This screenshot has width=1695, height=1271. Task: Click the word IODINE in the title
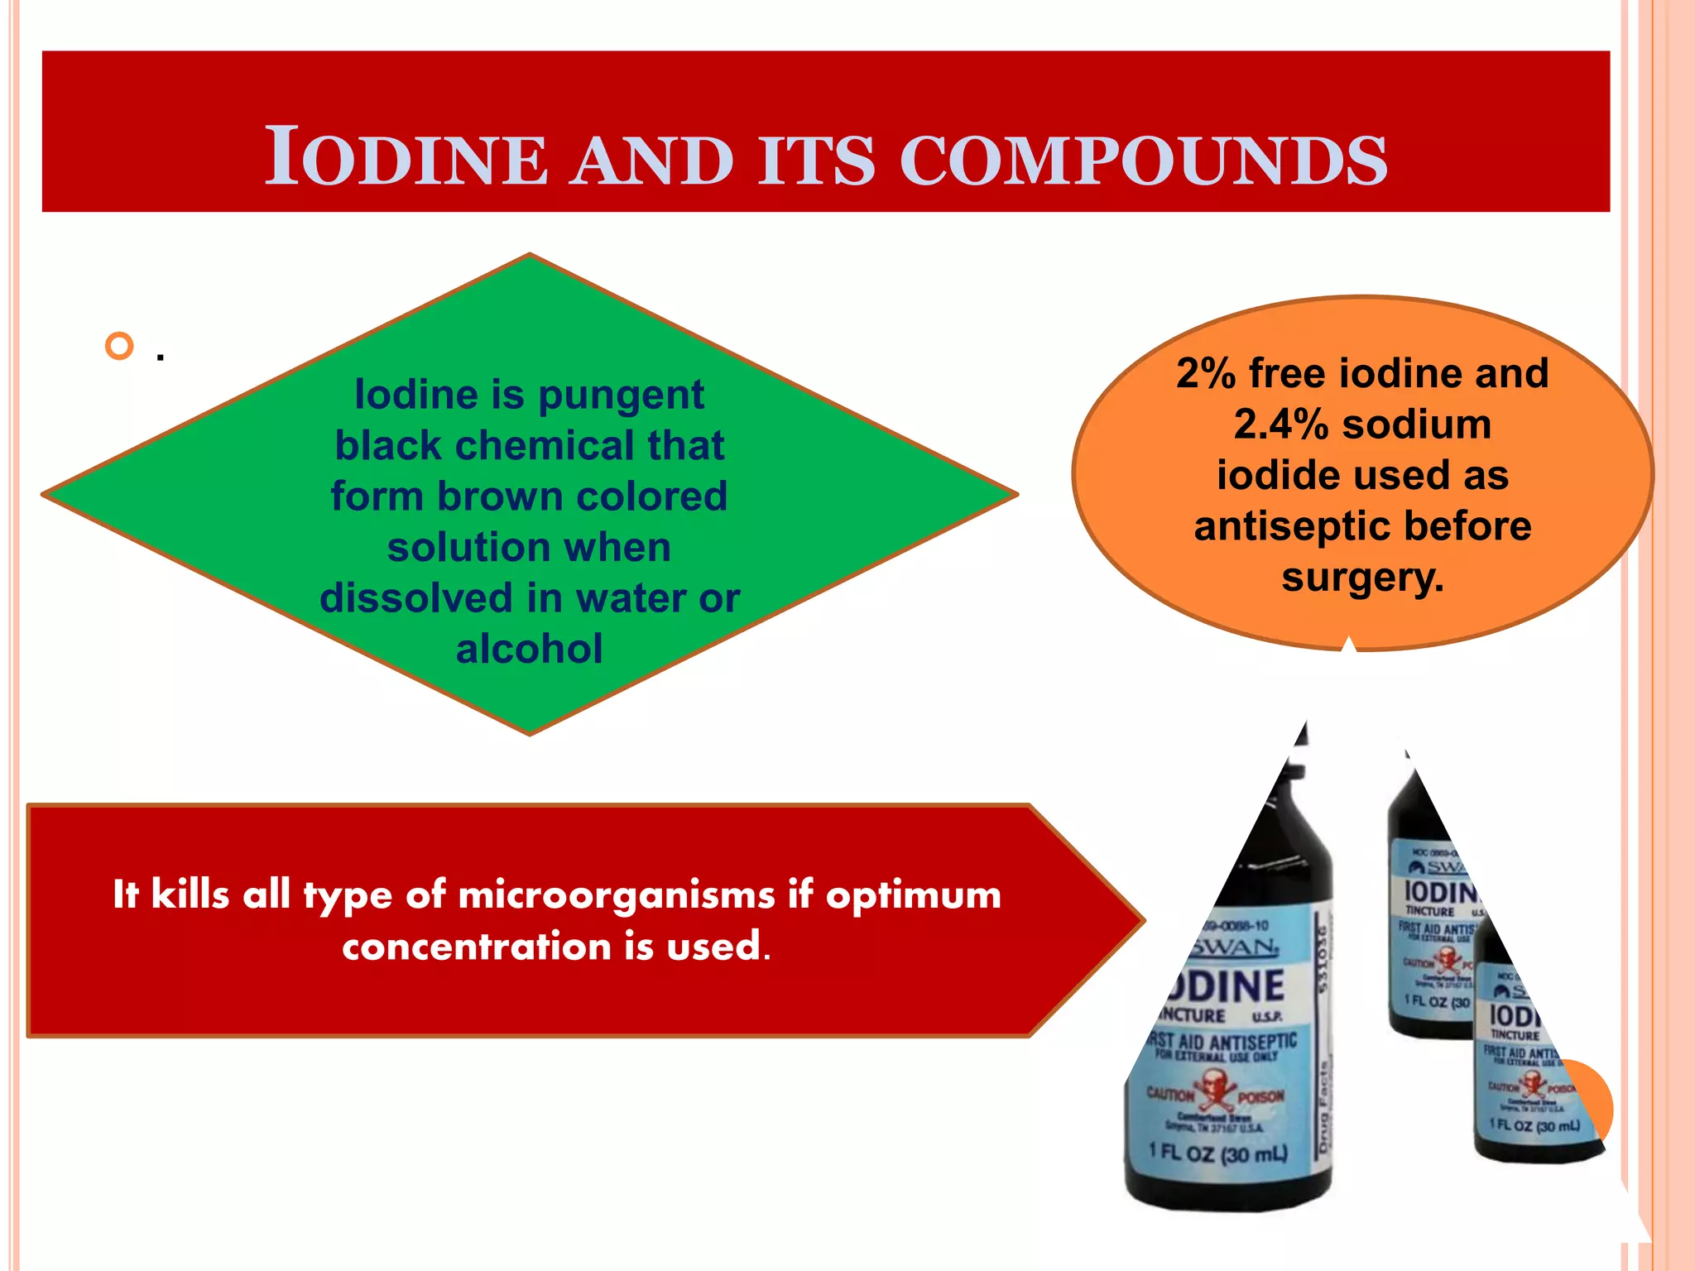pyautogui.click(x=406, y=157)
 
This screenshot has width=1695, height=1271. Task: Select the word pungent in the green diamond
pyautogui.click(x=621, y=395)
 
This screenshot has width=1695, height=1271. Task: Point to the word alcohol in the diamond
pyautogui.click(x=529, y=649)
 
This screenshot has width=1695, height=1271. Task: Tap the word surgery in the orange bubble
pyautogui.click(x=1361, y=578)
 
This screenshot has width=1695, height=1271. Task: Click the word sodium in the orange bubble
pyautogui.click(x=1416, y=424)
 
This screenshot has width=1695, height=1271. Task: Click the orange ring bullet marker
pyautogui.click(x=120, y=346)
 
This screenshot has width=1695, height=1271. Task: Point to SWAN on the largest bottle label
pyautogui.click(x=1232, y=946)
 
